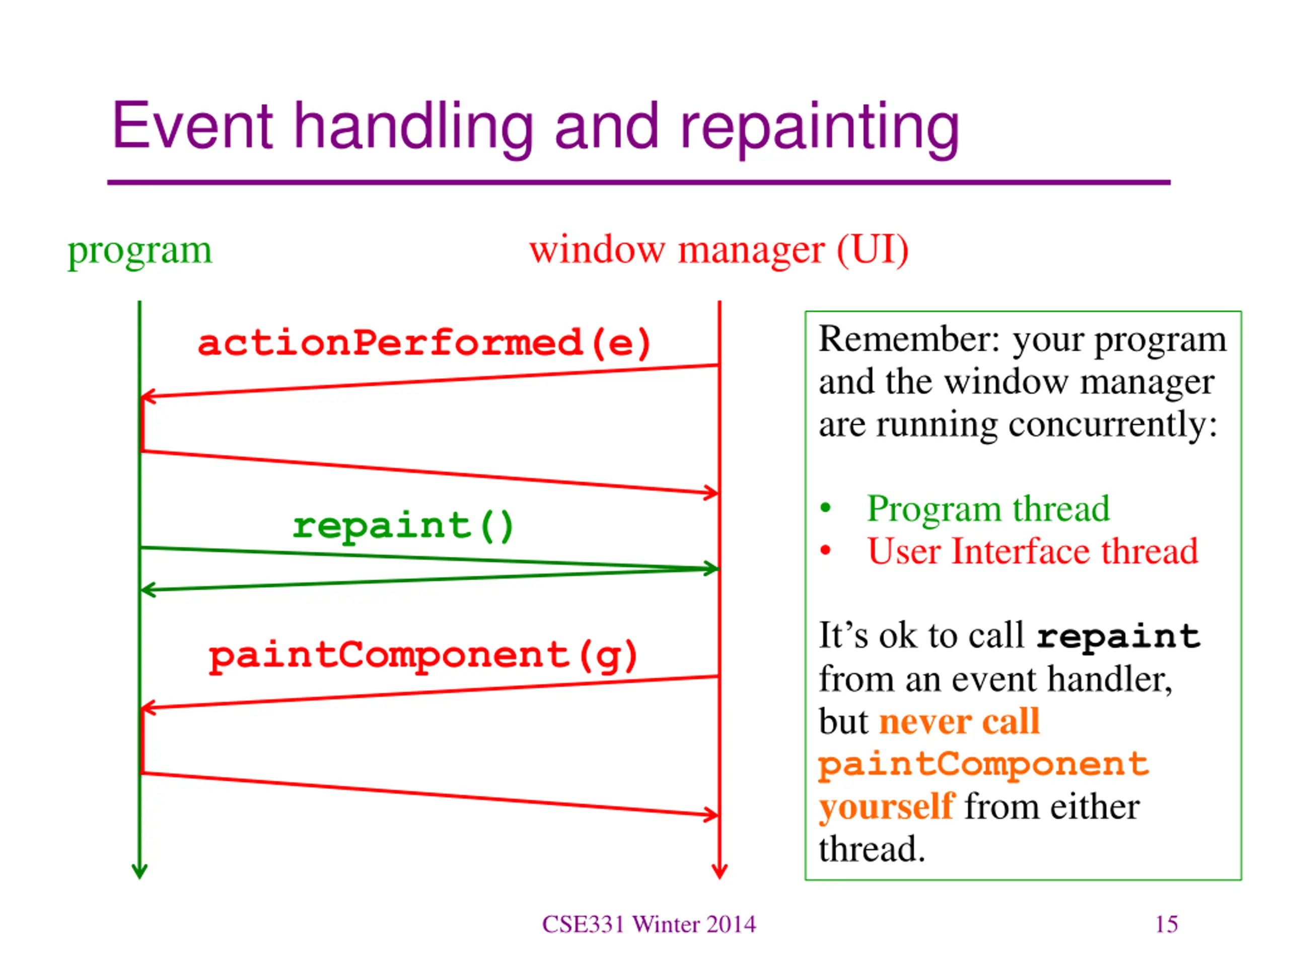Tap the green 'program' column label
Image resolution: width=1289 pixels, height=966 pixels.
[x=140, y=252]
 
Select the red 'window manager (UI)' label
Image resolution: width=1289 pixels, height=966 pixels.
[x=719, y=251]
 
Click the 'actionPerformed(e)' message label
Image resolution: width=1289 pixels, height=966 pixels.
[x=424, y=343]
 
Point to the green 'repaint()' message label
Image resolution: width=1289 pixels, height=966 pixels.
[x=403, y=526]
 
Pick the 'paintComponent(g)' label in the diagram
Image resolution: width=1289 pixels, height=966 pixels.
[x=423, y=656]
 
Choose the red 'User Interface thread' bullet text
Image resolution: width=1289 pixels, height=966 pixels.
[x=1033, y=551]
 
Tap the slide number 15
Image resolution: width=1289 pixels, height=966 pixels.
[x=1167, y=924]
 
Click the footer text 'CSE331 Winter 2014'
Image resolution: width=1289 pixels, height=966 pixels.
[x=649, y=924]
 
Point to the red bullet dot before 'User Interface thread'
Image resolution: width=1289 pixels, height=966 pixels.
[x=825, y=550]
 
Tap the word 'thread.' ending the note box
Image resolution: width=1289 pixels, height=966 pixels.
[x=872, y=849]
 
